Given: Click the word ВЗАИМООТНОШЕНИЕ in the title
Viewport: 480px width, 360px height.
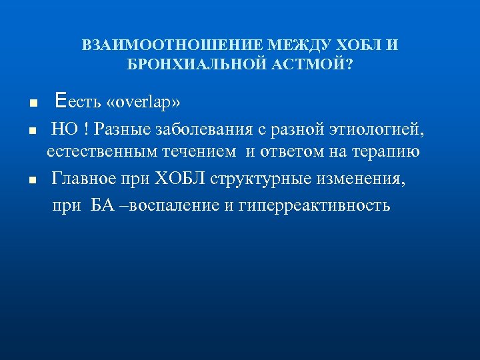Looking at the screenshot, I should coord(172,46).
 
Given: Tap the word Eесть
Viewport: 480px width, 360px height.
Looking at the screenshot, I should coord(78,103).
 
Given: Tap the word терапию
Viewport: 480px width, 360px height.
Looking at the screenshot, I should coord(389,152).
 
